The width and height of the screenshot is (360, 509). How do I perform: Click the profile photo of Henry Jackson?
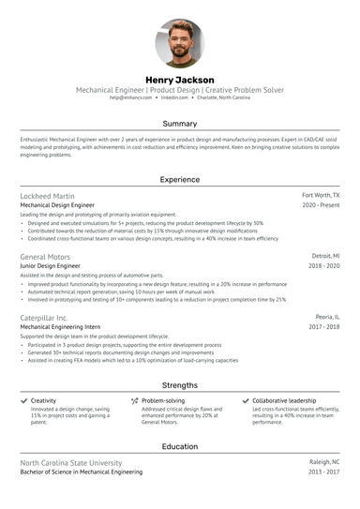(x=180, y=42)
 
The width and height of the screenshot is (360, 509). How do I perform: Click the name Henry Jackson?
(x=180, y=80)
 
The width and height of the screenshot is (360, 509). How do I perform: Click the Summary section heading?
(x=180, y=124)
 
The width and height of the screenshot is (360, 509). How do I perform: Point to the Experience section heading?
(x=180, y=178)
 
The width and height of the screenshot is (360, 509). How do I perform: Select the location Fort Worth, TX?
(x=321, y=195)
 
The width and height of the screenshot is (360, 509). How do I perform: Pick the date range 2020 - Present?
(x=321, y=204)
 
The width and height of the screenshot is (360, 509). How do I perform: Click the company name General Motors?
(x=46, y=256)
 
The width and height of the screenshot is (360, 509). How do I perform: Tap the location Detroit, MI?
(x=325, y=256)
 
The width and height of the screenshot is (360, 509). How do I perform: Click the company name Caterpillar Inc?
(x=44, y=318)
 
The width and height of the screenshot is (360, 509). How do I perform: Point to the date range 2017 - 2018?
(x=322, y=327)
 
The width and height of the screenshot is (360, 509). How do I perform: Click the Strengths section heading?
(x=180, y=384)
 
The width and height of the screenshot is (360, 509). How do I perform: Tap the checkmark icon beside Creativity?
(x=23, y=400)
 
